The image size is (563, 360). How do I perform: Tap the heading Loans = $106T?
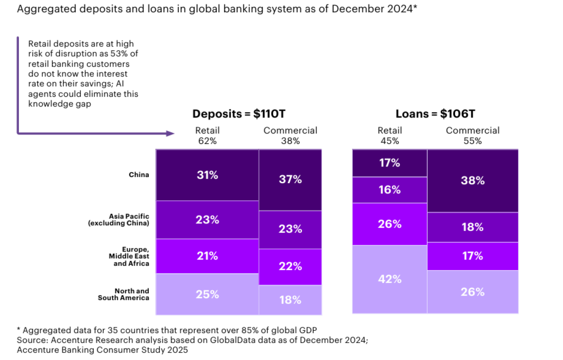click(435, 114)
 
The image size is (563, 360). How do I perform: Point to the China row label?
click(138, 174)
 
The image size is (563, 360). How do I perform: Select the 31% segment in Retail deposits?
click(207, 174)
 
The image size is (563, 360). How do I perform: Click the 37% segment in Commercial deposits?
click(290, 179)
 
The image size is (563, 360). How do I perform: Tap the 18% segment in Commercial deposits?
click(290, 300)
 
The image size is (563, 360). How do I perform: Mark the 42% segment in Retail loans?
click(390, 279)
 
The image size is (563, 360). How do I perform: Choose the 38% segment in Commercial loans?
click(472, 181)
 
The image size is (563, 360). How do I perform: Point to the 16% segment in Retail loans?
click(390, 190)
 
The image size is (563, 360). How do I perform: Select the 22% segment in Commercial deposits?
click(290, 266)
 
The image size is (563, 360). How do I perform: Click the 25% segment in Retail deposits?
click(207, 294)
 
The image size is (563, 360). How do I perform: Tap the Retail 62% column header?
click(207, 135)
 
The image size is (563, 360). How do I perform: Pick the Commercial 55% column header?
click(472, 135)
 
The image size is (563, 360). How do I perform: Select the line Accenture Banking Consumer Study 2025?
click(102, 350)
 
